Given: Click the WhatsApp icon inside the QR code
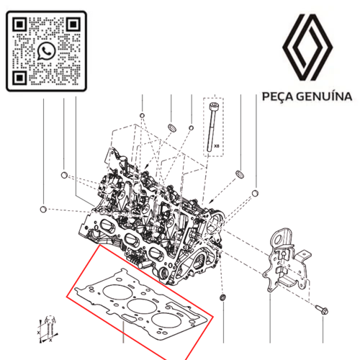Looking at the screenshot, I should click(46, 50).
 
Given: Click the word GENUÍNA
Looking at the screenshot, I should click(323, 96).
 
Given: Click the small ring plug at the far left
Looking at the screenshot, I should click(45, 210).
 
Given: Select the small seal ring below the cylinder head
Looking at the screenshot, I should click(222, 298).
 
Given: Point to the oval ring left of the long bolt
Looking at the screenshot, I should click(172, 127).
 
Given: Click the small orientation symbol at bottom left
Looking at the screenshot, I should click(49, 328).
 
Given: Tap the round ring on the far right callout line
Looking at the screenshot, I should click(255, 194).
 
